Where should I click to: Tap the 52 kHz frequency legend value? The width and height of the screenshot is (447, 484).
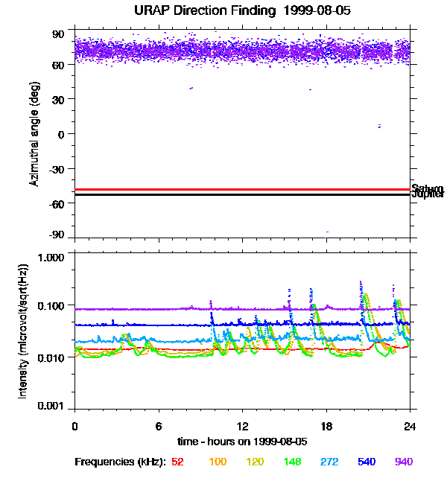[x=177, y=462]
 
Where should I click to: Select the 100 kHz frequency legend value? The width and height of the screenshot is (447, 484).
[x=218, y=462]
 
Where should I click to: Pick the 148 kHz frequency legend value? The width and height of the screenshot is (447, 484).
[x=292, y=462]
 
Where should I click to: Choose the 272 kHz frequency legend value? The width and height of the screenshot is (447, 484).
[x=329, y=462]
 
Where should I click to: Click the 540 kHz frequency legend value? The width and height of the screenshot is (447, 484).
[x=367, y=462]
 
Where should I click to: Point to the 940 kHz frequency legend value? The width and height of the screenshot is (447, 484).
[x=404, y=462]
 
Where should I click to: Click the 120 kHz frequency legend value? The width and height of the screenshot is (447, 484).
[x=255, y=462]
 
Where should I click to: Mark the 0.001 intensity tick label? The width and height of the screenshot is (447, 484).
[x=51, y=407]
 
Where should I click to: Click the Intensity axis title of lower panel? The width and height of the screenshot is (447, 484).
[x=24, y=331]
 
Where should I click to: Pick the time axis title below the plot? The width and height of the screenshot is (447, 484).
[x=241, y=441]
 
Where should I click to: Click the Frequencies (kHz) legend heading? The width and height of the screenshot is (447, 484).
[x=120, y=462]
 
